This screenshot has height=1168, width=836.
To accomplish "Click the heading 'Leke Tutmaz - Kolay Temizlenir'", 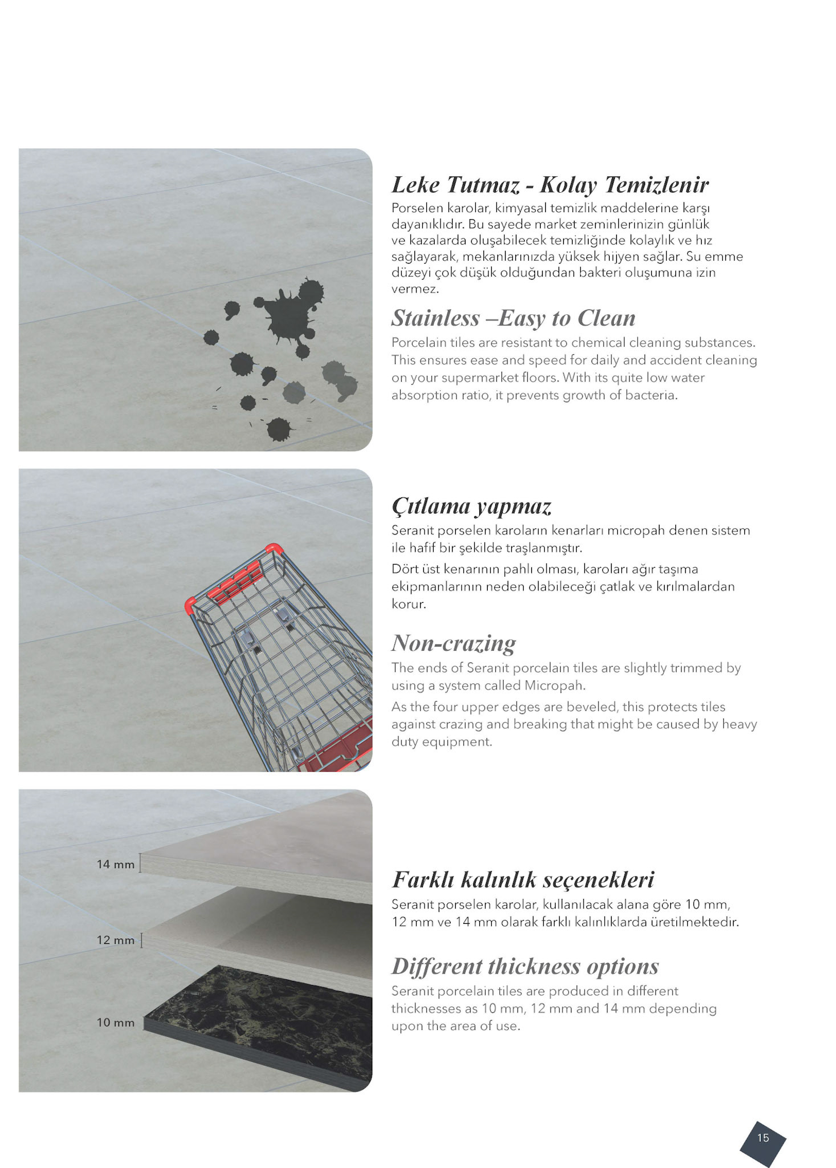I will point(549,185).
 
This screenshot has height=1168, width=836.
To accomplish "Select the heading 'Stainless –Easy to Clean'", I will point(513,318).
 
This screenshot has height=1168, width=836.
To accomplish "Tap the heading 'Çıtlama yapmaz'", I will point(471,506).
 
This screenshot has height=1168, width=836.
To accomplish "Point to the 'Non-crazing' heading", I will point(454,643).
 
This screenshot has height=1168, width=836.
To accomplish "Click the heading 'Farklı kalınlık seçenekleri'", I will point(523,879).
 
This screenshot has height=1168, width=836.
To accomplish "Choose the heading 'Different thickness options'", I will point(525,966).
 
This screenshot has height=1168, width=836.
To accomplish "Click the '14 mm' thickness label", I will point(116,865).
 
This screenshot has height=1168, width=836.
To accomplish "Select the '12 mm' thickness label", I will point(116,940).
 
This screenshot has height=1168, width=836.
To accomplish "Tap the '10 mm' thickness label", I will point(116,1023).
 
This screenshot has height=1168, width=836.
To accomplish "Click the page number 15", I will point(762,1138).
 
